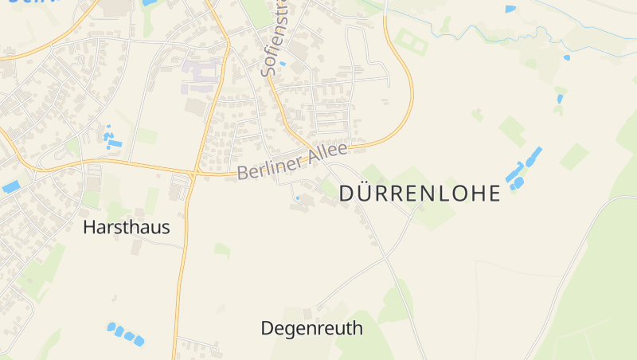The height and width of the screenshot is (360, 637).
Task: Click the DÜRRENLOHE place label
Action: pyautogui.click(x=420, y=194)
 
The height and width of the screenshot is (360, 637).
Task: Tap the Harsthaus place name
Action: pyautogui.click(x=126, y=228)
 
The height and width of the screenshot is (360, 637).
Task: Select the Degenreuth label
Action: pyautogui.click(x=311, y=328)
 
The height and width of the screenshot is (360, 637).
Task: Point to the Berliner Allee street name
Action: pyautogui.click(x=292, y=162)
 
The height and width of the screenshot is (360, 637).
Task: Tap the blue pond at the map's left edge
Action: pyautogui.click(x=11, y=187)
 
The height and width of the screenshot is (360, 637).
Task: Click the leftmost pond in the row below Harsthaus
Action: pyautogui.click(x=111, y=327)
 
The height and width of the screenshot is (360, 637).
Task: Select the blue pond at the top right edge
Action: pyautogui.click(x=510, y=9)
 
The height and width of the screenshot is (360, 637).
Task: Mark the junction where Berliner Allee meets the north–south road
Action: pyautogui.click(x=194, y=172)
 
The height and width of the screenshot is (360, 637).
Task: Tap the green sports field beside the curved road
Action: pyautogui.click(x=411, y=40)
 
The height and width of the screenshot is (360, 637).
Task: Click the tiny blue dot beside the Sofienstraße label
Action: pyautogui.click(x=283, y=63)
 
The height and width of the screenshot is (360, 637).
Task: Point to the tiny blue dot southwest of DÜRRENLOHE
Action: pyautogui.click(x=298, y=198)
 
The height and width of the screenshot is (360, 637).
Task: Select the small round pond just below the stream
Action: pyautogui.click(x=567, y=57)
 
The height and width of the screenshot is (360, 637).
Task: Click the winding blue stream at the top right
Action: pyautogui.click(x=494, y=32)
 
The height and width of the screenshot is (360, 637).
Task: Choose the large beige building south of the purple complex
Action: pyautogui.click(x=195, y=106)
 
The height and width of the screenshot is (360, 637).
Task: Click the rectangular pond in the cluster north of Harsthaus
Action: pyautogui.click(x=115, y=143)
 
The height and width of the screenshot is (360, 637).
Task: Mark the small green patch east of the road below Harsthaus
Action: pyautogui.click(x=221, y=250)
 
